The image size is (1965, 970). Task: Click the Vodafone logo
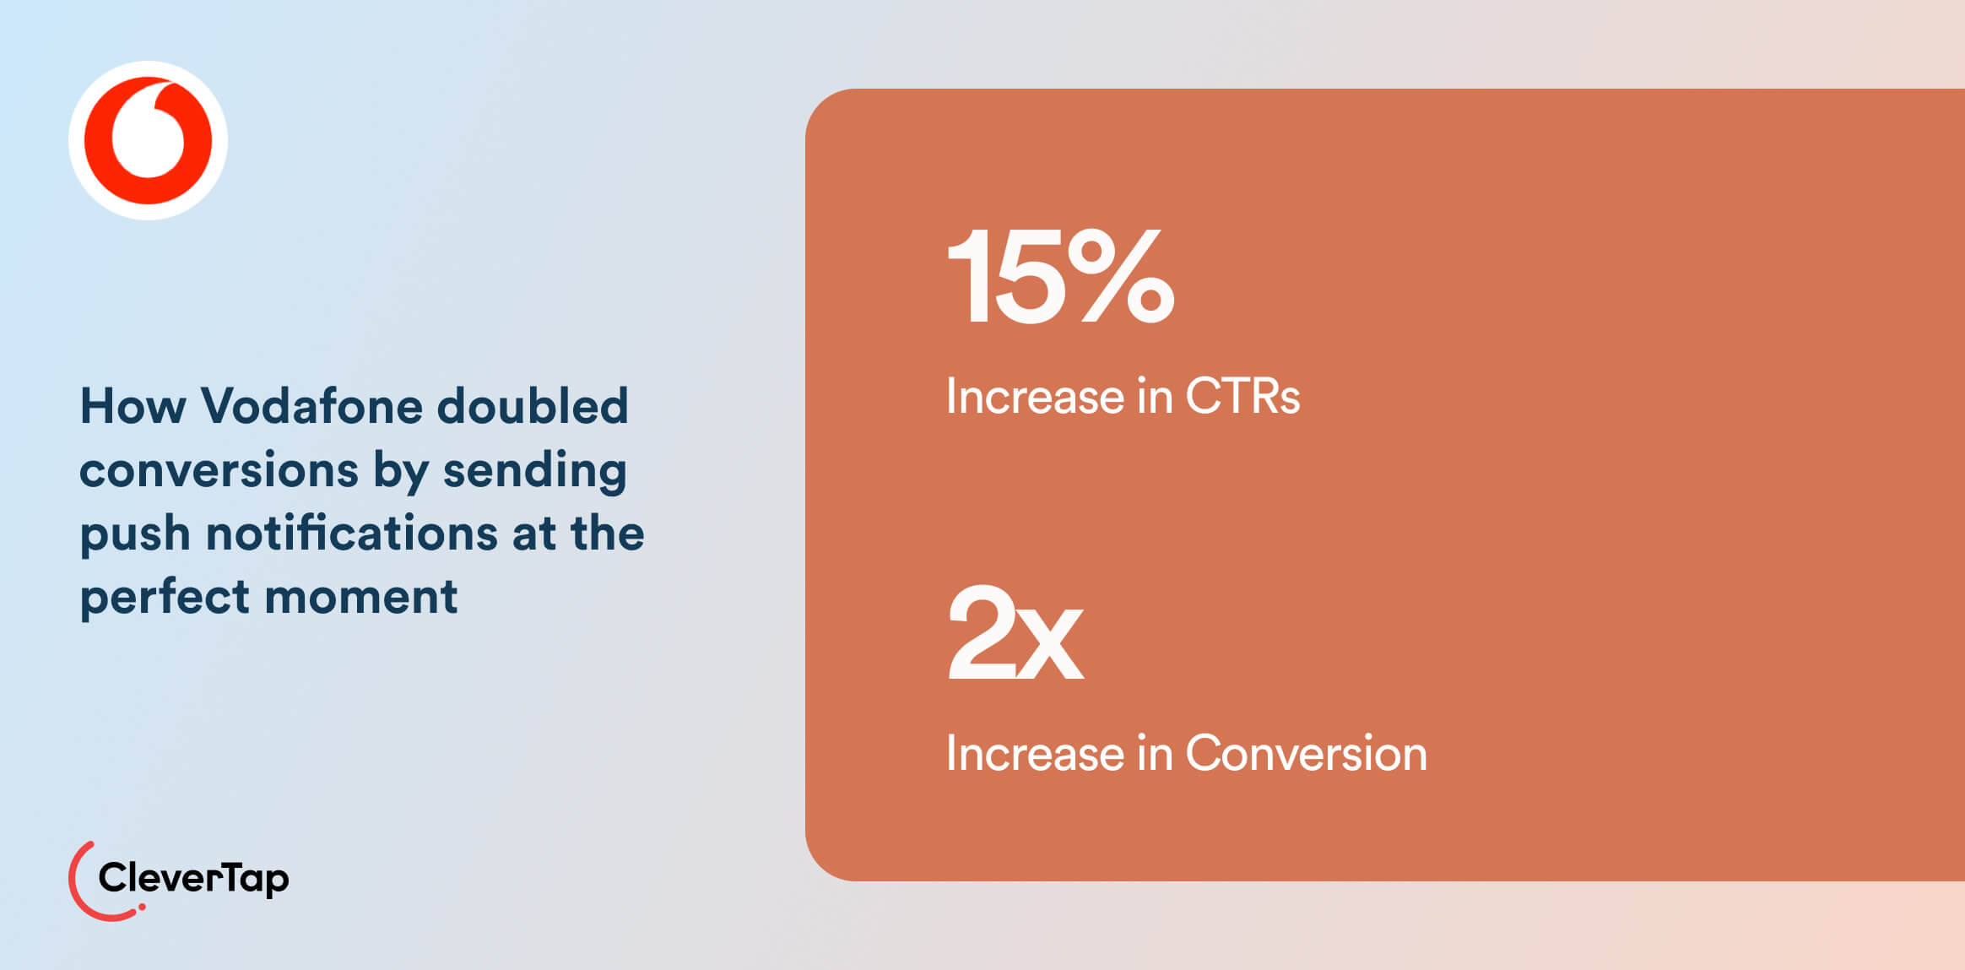pos(148,140)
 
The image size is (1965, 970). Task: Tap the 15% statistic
pos(1060,277)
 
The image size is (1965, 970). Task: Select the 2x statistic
pos(1015,632)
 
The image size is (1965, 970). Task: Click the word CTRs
pos(1242,396)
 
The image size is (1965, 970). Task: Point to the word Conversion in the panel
pos(1306,753)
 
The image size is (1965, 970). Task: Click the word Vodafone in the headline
pos(311,406)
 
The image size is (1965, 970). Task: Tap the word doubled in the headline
pos(533,406)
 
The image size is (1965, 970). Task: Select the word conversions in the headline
pos(219,470)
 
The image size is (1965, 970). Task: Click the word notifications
pos(352,534)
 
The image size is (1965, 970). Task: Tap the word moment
pos(361,598)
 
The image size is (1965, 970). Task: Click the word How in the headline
pos(133,406)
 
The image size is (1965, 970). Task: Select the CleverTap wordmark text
pos(193,879)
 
